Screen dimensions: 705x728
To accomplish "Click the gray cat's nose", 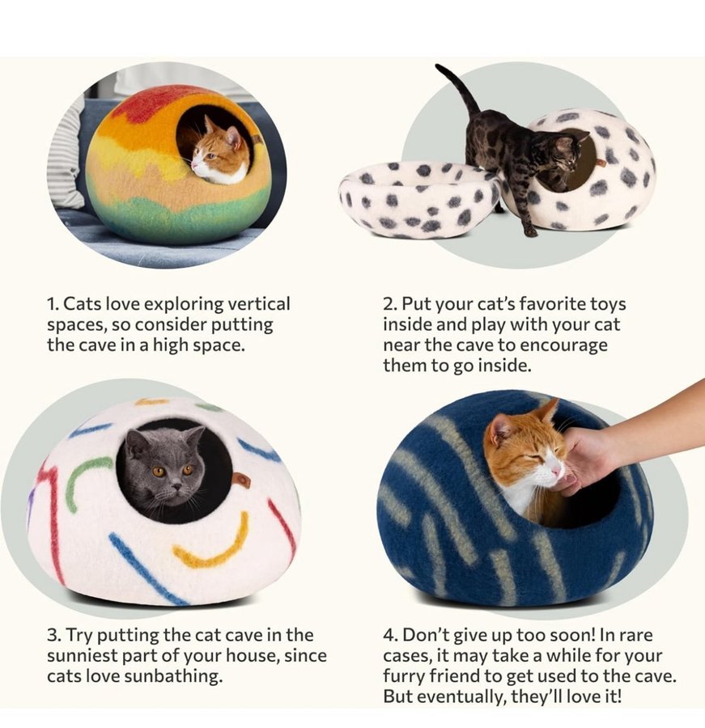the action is (177, 487).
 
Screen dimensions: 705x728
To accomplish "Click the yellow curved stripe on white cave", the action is (210, 547).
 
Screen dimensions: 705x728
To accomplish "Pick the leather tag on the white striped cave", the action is (242, 480).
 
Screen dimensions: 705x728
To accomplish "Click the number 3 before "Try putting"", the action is (53, 635).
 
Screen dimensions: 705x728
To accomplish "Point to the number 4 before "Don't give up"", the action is (389, 635).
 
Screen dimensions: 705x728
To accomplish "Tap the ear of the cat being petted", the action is (496, 430).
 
